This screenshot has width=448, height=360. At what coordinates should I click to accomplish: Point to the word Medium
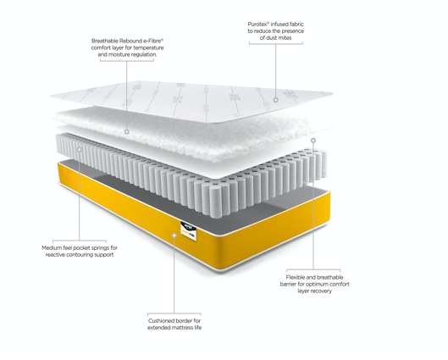[53, 247]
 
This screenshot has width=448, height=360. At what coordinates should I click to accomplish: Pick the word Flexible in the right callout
[301, 276]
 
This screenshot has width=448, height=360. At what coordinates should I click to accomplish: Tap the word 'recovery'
[324, 291]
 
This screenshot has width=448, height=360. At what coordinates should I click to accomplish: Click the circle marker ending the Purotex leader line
[275, 99]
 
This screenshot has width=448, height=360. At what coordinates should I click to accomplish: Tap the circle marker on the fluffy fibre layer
[127, 132]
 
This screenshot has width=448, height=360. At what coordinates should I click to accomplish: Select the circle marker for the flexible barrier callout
[313, 141]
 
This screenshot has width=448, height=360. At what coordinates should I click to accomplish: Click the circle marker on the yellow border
[175, 236]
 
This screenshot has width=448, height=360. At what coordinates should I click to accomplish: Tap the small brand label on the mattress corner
[190, 226]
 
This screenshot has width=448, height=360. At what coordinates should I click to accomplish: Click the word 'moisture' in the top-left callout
[126, 55]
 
